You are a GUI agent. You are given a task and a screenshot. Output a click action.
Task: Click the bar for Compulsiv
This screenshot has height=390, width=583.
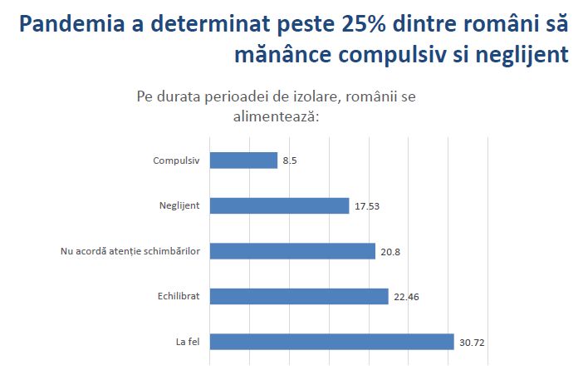[243, 160]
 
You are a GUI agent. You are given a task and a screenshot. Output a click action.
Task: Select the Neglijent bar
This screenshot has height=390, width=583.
[279, 205]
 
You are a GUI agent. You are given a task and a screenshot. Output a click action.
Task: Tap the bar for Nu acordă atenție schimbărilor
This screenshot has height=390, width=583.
[292, 251]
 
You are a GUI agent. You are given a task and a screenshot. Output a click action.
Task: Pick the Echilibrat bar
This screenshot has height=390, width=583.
[299, 296]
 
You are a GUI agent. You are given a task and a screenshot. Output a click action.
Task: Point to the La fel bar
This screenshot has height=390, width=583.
[331, 342]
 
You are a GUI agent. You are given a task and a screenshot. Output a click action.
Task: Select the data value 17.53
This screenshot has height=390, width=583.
[367, 207]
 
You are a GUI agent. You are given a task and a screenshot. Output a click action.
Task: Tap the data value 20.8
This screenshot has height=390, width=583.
[390, 252]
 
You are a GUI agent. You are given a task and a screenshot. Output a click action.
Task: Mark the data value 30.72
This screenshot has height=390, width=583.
[472, 343]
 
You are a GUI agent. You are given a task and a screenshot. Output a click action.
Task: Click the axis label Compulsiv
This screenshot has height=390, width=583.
[176, 160]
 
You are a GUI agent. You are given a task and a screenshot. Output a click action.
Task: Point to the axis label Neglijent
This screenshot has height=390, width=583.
[179, 205]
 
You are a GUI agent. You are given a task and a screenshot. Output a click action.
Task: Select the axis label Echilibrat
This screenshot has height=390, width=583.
[179, 296]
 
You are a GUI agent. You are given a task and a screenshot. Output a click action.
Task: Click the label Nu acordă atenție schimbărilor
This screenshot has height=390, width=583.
[130, 251]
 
